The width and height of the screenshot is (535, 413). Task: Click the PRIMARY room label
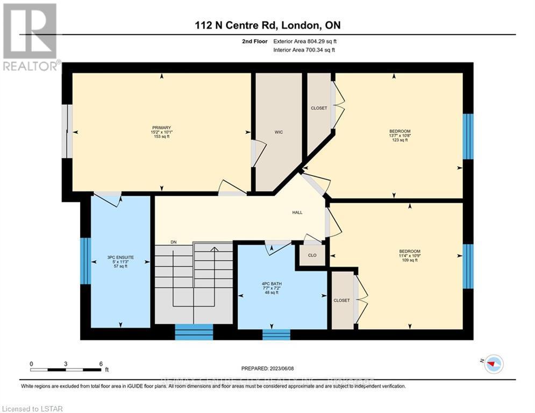[x=162, y=127]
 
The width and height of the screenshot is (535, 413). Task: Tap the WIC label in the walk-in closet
[x=279, y=132]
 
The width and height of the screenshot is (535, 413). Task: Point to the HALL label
[x=297, y=212]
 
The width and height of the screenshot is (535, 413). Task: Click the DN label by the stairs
[x=174, y=243]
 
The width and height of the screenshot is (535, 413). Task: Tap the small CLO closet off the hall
[x=312, y=255]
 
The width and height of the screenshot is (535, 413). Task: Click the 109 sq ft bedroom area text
[x=409, y=260]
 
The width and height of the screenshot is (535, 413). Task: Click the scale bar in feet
[x=66, y=369]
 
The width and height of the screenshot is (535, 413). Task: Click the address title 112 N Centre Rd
[x=267, y=25]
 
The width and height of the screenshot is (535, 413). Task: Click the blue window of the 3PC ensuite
[x=85, y=261]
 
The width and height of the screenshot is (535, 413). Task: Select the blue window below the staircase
[x=194, y=332]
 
